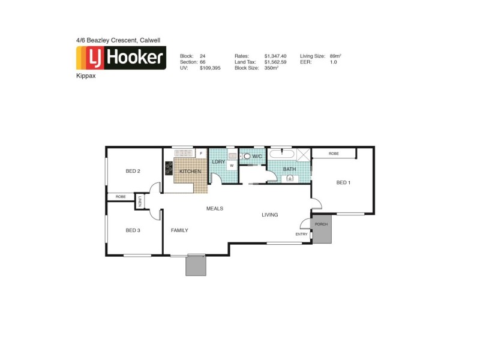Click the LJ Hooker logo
[x=121, y=59]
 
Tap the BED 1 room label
[x=343, y=182]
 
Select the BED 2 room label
[x=133, y=172]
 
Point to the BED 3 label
[x=133, y=230]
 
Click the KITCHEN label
[x=190, y=172]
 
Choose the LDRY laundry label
[x=218, y=161]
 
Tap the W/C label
[x=257, y=157]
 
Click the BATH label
[x=290, y=169]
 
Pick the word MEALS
[x=215, y=208]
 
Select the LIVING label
[x=269, y=215]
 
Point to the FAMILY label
[x=179, y=230]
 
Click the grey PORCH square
[x=322, y=229]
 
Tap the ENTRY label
[x=302, y=234]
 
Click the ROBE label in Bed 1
[x=334, y=154]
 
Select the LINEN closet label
[x=140, y=202]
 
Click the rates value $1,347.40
[x=276, y=56]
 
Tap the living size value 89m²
[x=335, y=56]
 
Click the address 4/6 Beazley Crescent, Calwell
[x=118, y=40]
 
